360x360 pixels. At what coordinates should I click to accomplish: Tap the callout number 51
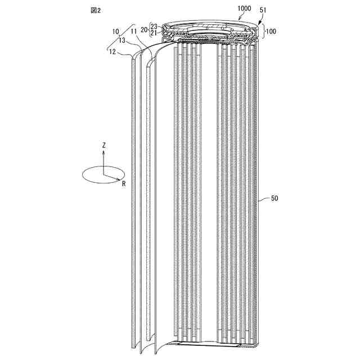(264, 10)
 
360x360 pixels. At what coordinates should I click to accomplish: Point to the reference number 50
(274, 198)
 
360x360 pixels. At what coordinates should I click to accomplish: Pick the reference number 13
(121, 40)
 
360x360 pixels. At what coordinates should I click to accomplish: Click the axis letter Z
(103, 145)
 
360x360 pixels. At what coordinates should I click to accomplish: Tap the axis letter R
(123, 183)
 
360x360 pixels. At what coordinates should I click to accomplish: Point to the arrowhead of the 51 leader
(259, 22)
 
